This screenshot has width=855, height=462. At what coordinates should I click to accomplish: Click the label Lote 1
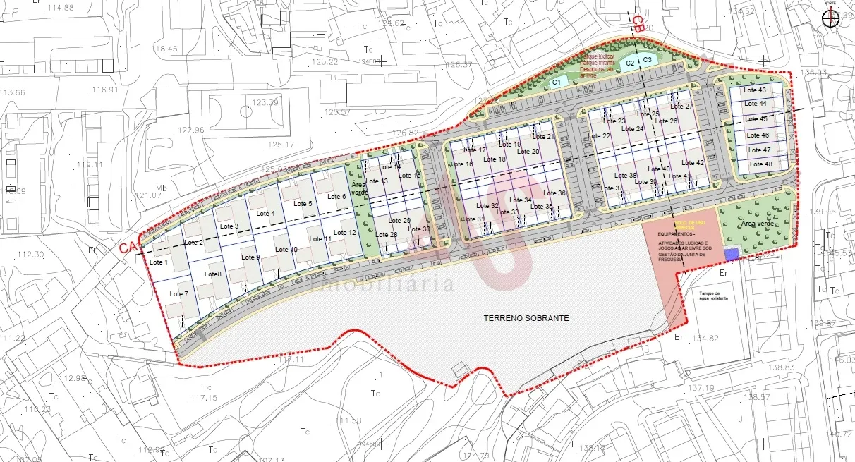[x=159, y=262]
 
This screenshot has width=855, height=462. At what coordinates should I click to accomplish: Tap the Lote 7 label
[x=179, y=293]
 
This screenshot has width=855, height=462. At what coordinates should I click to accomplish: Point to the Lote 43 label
[x=755, y=90]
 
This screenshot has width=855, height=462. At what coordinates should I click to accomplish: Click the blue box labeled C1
[x=556, y=83]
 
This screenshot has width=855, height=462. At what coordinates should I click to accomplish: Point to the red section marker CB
[x=637, y=24]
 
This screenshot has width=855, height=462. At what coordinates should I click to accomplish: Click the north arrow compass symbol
[x=830, y=18]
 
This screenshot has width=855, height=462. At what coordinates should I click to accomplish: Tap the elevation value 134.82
[x=705, y=339]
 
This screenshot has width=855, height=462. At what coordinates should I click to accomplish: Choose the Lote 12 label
[x=344, y=233]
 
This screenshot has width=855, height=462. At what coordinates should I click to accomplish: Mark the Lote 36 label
[x=556, y=193]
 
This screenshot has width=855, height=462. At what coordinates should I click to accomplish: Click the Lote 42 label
[x=693, y=163]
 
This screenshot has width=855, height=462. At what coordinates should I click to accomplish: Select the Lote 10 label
[x=286, y=250]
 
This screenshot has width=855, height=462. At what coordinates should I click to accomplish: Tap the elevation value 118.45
[x=164, y=49]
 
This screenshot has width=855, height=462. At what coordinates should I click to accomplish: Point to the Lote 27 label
[x=682, y=107]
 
